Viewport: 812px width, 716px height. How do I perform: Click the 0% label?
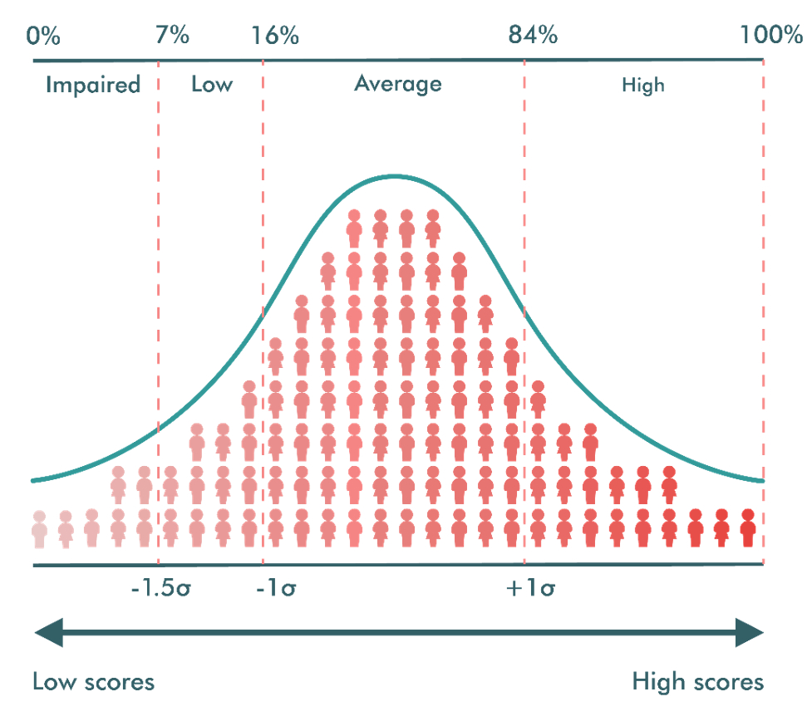click(x=43, y=36)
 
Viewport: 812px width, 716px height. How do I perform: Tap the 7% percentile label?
click(x=172, y=36)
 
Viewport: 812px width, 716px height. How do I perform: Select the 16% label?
click(x=275, y=36)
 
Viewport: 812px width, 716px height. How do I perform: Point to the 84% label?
click(x=533, y=36)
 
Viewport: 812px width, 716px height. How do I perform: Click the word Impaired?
click(x=93, y=85)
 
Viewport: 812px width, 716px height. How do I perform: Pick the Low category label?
click(x=212, y=85)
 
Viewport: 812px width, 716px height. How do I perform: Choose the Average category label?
click(x=398, y=84)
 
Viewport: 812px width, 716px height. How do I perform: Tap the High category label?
click(x=642, y=85)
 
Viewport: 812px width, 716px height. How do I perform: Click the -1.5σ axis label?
click(x=161, y=590)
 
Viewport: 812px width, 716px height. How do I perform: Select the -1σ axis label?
click(x=276, y=590)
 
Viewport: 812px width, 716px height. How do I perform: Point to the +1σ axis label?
click(x=531, y=590)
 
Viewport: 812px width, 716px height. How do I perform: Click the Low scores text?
click(x=93, y=683)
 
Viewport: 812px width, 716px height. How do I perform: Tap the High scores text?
click(x=697, y=683)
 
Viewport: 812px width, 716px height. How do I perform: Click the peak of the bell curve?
click(x=396, y=176)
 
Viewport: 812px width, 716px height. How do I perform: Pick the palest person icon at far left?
click(x=39, y=529)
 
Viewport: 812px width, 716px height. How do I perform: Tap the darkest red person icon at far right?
click(x=747, y=527)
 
